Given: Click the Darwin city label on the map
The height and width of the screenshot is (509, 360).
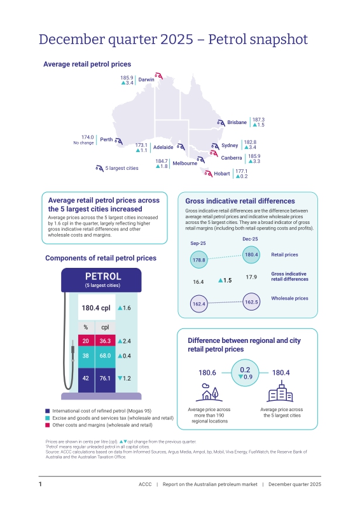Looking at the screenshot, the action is pos(146,80).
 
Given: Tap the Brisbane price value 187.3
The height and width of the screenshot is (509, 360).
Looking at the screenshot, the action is pos(258,120).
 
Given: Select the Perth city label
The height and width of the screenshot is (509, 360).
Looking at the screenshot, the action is pos(106,139).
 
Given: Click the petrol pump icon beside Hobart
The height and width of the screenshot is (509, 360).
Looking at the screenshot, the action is pos(208,173).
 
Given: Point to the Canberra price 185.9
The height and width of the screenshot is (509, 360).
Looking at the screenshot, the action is pos(254,156).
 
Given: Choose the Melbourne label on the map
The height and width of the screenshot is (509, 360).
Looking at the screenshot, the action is pos(184,164).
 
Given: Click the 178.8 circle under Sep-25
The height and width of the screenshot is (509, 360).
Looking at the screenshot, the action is pos(198,260).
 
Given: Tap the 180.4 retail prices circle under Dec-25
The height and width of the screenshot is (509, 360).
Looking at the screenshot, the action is pos(251,254).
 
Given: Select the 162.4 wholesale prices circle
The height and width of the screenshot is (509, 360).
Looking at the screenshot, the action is pos(198,304).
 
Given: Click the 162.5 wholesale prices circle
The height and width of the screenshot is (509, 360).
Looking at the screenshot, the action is pos(251,302).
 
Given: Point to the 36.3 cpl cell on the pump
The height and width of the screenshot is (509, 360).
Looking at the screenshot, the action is pos(105,341).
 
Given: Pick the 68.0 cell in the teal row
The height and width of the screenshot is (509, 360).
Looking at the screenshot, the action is pos(105,356).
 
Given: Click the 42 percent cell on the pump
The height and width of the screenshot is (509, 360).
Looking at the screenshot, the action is pos(86,378).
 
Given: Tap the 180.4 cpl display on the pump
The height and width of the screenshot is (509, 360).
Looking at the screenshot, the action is pos(97,308).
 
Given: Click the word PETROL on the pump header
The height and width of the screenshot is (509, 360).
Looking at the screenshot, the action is pos(103,276).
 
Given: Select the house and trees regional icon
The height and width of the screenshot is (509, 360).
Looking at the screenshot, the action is pos(209,393).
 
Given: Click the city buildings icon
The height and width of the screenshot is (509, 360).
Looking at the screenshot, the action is pos(280,391).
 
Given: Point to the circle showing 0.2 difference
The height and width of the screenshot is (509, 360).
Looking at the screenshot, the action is pos(245,373).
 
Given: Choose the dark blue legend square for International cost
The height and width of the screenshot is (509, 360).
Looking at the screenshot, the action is pos(48,411).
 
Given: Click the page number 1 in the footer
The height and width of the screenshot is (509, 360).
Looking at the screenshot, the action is pos(40,484).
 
